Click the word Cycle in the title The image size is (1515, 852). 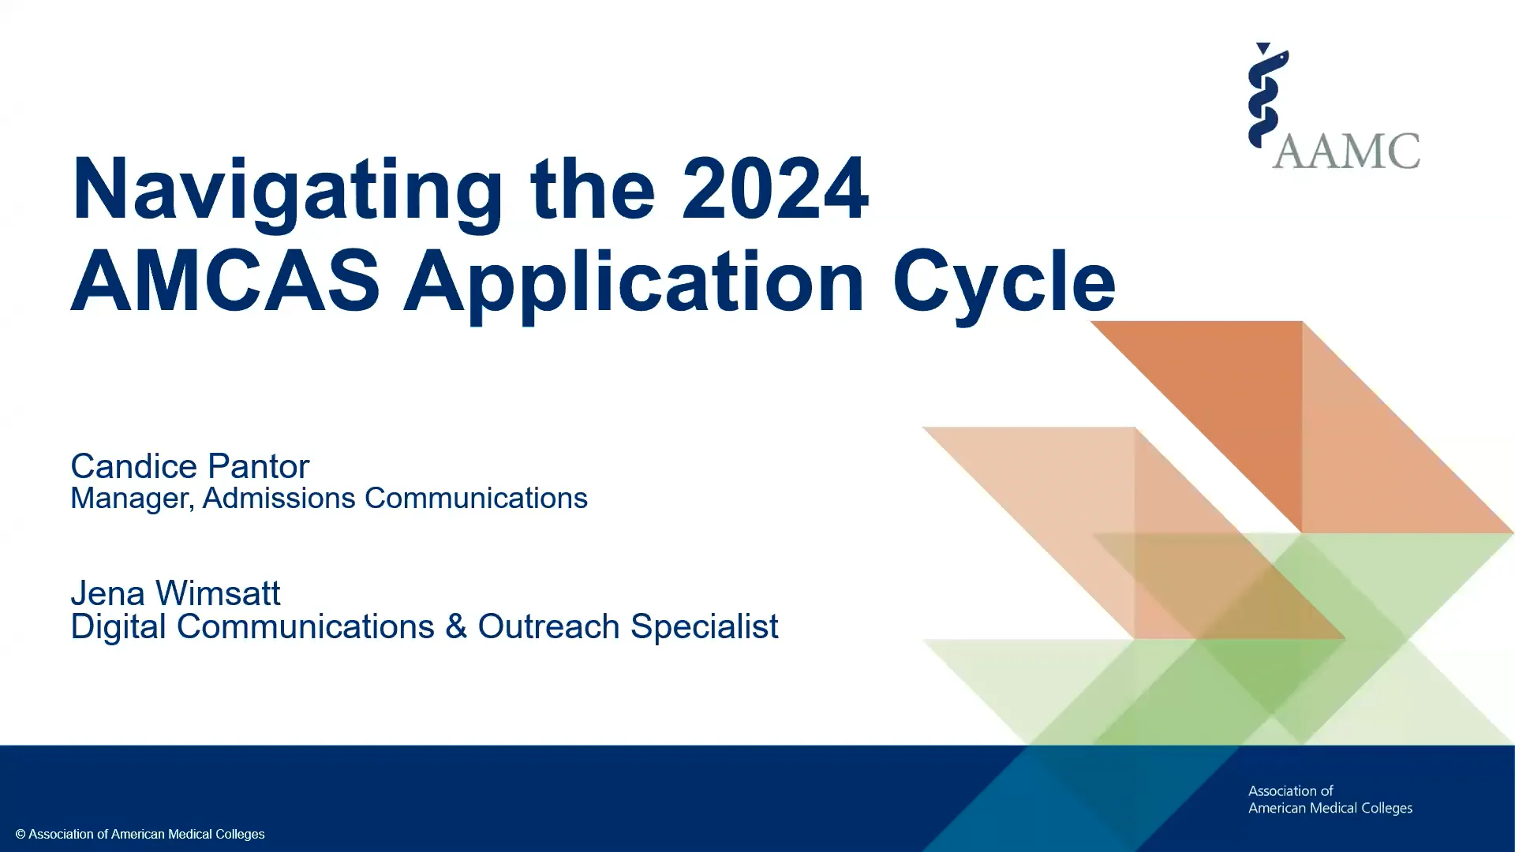click(1004, 286)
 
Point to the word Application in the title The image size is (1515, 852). click(634, 286)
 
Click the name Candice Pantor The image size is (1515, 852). click(190, 466)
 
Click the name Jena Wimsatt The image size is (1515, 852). click(176, 593)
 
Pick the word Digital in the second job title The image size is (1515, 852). click(118, 628)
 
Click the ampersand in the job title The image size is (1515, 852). click(456, 627)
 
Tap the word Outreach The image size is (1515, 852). click(548, 627)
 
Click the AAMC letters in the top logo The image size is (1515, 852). click(1346, 151)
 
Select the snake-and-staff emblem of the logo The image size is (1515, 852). click(1267, 95)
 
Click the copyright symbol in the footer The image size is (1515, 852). click(21, 835)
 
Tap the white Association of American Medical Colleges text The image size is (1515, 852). click(1330, 799)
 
